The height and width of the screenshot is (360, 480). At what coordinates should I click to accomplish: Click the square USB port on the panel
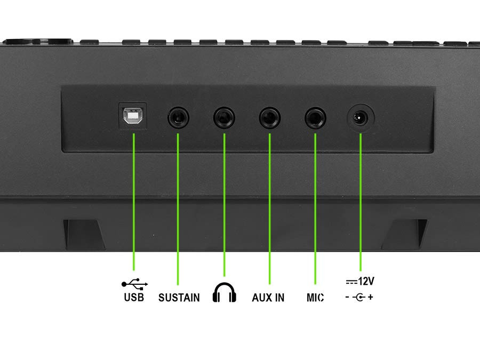[133, 116]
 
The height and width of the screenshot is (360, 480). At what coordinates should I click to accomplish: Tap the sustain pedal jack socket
[178, 117]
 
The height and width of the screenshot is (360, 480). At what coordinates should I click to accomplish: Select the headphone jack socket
[224, 117]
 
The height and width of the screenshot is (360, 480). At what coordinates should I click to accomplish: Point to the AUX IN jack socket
[270, 117]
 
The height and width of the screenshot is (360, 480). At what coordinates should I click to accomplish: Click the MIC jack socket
[315, 117]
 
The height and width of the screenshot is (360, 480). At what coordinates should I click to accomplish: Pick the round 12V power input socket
[361, 118]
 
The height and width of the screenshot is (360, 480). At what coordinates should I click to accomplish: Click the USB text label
[134, 297]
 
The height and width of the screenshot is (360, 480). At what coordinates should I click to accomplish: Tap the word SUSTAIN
[179, 298]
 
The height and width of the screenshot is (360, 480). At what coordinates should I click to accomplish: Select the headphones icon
[225, 292]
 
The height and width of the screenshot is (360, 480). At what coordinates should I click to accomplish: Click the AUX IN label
[268, 298]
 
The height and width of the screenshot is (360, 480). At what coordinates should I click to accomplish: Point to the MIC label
[315, 298]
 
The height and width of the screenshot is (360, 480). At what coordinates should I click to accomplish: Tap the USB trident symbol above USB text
[135, 284]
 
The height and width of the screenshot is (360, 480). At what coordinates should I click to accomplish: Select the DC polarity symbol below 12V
[359, 297]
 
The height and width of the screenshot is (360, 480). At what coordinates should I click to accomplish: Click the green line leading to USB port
[134, 202]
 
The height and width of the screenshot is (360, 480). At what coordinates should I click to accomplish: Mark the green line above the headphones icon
[225, 205]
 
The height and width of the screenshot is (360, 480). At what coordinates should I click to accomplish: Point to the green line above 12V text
[361, 202]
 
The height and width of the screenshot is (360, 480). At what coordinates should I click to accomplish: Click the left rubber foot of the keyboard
[84, 235]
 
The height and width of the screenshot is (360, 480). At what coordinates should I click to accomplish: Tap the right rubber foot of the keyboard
[404, 235]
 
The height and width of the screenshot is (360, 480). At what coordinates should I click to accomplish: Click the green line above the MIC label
[315, 209]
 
